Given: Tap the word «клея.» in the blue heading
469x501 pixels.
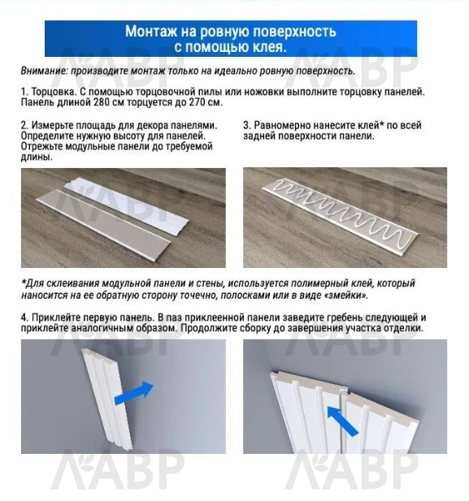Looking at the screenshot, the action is point(270,47).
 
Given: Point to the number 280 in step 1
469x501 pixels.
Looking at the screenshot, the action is point(101,102).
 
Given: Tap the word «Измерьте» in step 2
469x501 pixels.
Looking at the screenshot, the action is point(51,125).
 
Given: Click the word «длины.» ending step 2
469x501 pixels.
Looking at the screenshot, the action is point(37,158).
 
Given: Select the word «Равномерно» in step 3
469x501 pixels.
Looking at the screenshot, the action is point(282,125).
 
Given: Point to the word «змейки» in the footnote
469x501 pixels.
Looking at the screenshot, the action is point(347,295).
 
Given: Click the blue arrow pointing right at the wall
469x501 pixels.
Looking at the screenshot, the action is point(134,393).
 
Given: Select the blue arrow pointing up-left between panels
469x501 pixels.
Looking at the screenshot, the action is point(343,421).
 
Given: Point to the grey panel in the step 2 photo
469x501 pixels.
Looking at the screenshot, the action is point(102,223).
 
